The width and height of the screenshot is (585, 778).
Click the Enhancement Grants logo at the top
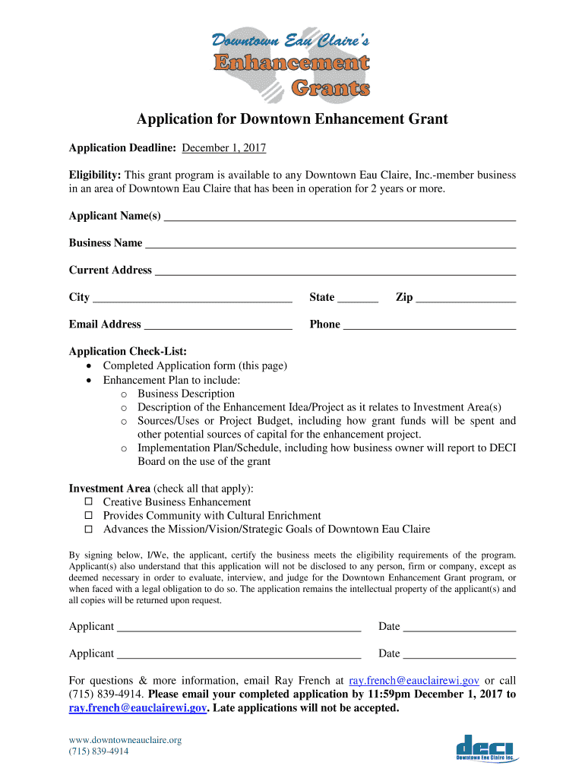pyautogui.click(x=292, y=65)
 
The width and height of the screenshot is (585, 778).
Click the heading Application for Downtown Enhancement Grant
pyautogui.click(x=292, y=119)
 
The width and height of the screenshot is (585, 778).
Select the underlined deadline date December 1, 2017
pyautogui.click(x=223, y=147)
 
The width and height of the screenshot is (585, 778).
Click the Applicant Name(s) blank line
pyautogui.click(x=340, y=217)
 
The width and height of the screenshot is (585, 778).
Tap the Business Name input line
pyautogui.click(x=330, y=245)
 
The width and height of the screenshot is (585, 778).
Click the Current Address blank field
pyautogui.click(x=335, y=272)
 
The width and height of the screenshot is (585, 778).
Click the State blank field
pyautogui.click(x=358, y=299)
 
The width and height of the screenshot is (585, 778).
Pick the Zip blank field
pyautogui.click(x=466, y=299)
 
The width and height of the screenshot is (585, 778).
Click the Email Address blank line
pyautogui.click(x=218, y=326)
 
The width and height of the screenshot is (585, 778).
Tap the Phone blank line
pyautogui.click(x=429, y=326)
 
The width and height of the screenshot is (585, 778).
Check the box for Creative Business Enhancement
pyautogui.click(x=88, y=502)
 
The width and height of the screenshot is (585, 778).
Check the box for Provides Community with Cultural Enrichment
pyautogui.click(x=88, y=516)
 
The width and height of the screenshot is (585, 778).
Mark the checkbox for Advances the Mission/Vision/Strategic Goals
pyautogui.click(x=88, y=530)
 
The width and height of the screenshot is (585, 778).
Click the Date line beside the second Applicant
pyautogui.click(x=460, y=655)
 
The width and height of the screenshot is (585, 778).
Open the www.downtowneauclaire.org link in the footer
pyautogui.click(x=125, y=740)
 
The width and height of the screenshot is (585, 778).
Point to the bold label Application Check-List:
pyautogui.click(x=128, y=351)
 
